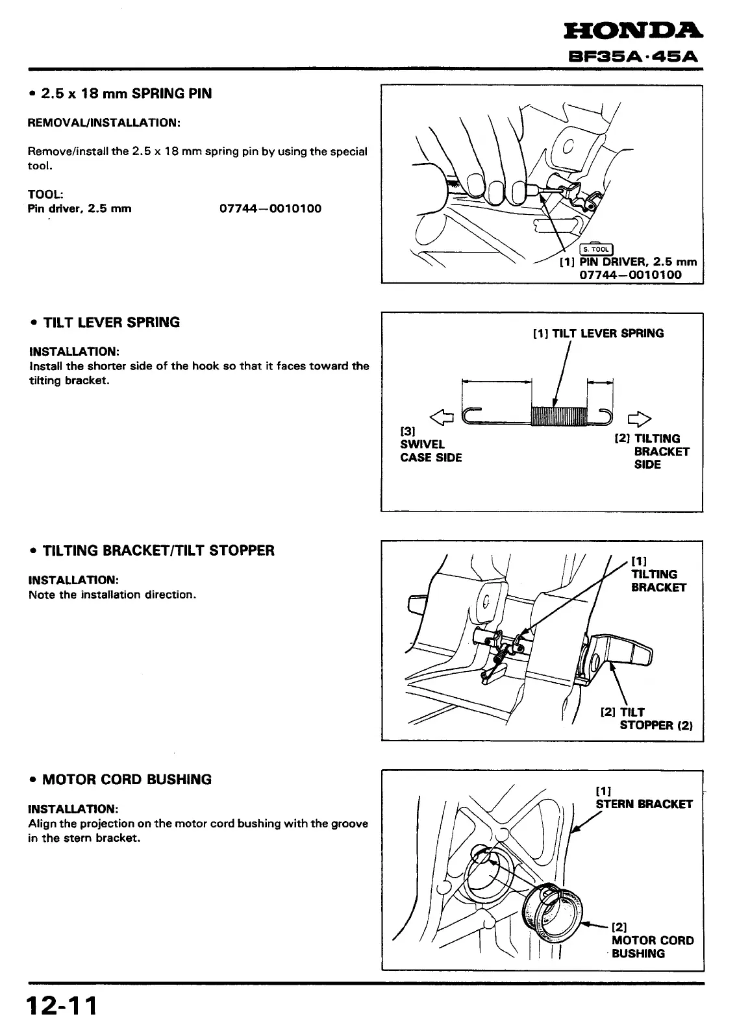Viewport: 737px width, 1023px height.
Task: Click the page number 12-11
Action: point(62,1005)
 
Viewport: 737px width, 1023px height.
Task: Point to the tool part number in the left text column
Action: point(271,208)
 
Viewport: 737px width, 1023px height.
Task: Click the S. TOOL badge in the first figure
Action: point(596,249)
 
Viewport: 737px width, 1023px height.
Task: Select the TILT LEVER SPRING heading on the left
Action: point(111,323)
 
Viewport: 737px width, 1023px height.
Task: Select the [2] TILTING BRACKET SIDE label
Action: point(651,452)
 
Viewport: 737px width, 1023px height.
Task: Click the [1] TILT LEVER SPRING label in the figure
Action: point(598,334)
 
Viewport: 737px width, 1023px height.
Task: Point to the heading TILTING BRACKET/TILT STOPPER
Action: point(158,551)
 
